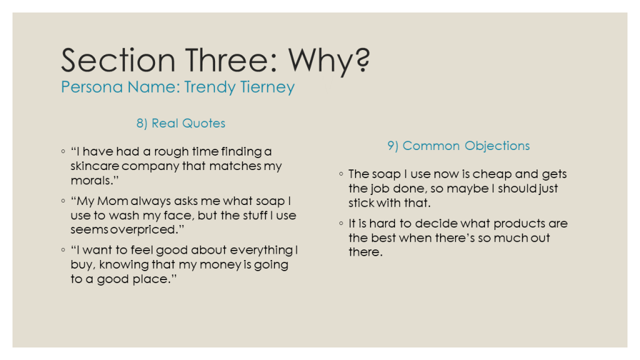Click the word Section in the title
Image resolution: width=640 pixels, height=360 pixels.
pyautogui.click(x=118, y=60)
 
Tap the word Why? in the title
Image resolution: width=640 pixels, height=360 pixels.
pyautogui.click(x=329, y=62)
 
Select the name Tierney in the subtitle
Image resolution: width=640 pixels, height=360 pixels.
pyautogui.click(x=267, y=87)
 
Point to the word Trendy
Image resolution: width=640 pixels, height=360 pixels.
pyautogui.click(x=210, y=87)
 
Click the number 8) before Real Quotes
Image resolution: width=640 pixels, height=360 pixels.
pyautogui.click(x=142, y=123)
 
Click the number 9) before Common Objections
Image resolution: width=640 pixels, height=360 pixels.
pyautogui.click(x=392, y=146)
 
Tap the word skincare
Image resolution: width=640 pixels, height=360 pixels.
pyautogui.click(x=95, y=166)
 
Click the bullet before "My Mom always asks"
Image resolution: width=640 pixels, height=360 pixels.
pyautogui.click(x=63, y=201)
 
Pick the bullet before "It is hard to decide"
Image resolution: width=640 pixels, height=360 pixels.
pyautogui.click(x=341, y=223)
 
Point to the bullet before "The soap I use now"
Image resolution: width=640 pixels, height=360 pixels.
pyautogui.click(x=341, y=174)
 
